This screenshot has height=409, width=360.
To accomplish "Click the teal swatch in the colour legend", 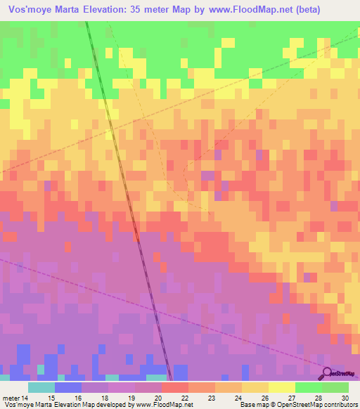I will click(x=41, y=387).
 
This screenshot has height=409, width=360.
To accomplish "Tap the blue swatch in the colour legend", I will click(x=68, y=387).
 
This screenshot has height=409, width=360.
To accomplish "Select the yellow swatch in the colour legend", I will click(x=281, y=387).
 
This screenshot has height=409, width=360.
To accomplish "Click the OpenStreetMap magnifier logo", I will click(x=328, y=374).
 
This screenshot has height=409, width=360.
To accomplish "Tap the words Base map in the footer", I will click(x=251, y=405).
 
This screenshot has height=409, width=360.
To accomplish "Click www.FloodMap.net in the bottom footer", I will click(x=155, y=405).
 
